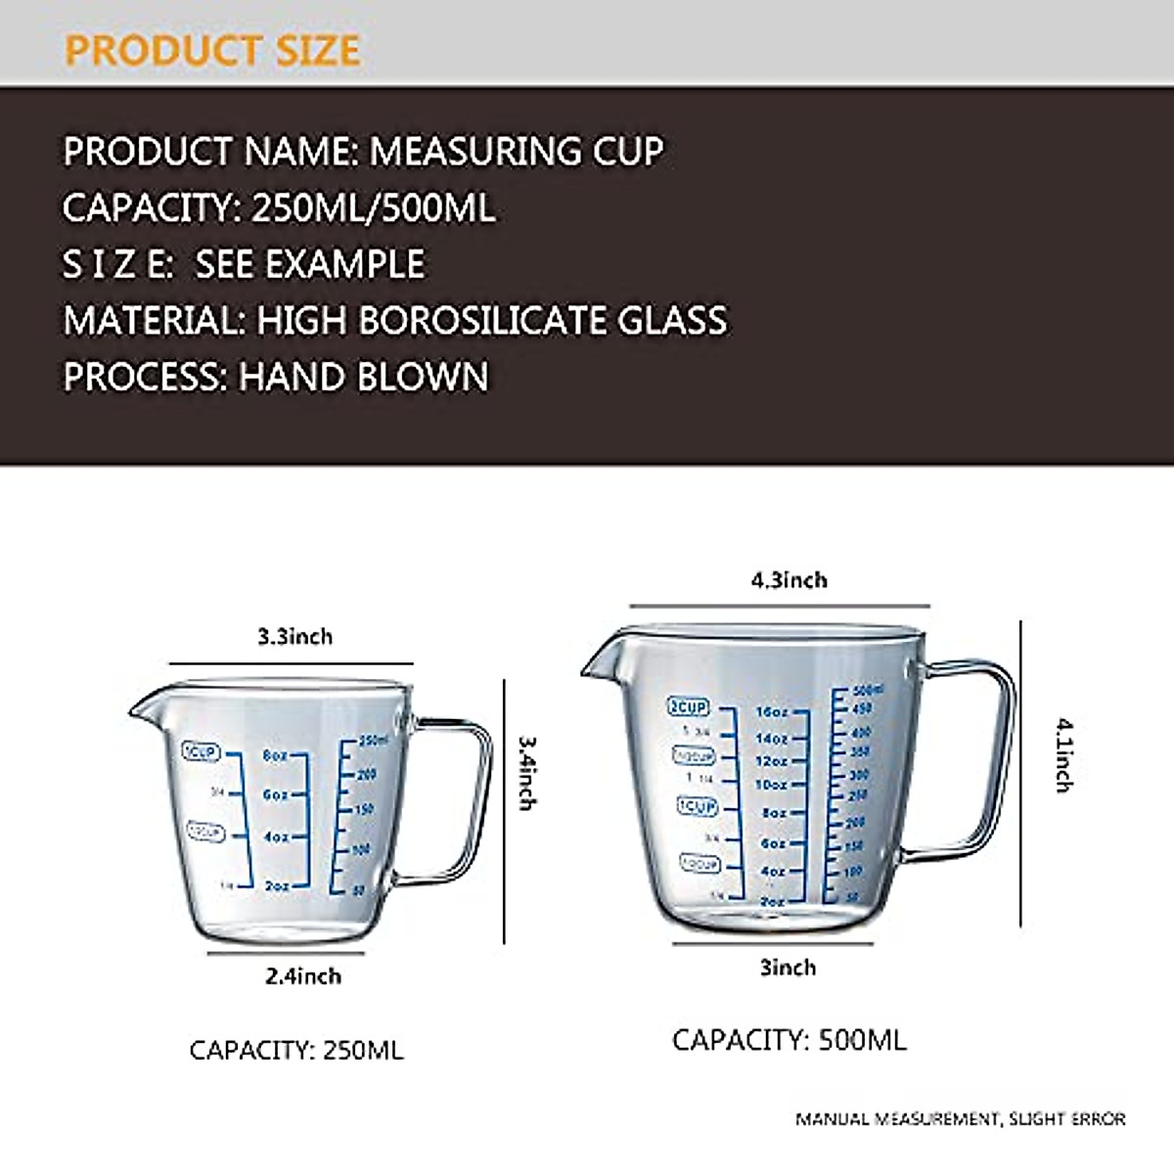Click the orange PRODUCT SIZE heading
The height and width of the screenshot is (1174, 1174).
(212, 50)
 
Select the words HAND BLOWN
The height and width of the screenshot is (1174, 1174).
(364, 377)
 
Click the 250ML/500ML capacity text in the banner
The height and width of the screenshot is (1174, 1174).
(373, 208)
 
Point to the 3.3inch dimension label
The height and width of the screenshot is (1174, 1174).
(294, 637)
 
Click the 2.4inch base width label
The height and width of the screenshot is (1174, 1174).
(303, 976)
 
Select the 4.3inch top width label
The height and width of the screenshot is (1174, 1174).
(789, 580)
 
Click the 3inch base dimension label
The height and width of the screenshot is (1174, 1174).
(788, 968)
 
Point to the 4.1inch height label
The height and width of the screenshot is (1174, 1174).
(1063, 754)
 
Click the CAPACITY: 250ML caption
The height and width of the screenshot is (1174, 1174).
(295, 1051)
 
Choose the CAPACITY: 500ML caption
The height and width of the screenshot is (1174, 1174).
(789, 1040)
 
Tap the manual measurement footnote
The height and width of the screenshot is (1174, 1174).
(960, 1118)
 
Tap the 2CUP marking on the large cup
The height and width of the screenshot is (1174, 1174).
(688, 706)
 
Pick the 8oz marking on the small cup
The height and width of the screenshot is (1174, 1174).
(275, 756)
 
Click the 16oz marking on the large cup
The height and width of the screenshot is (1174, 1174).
(772, 712)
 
